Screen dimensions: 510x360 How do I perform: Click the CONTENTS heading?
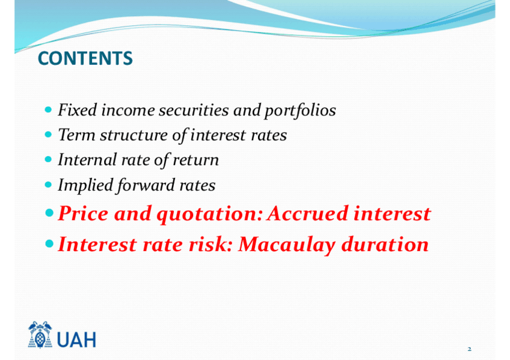coord(85,58)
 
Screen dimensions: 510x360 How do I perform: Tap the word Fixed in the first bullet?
coord(78,110)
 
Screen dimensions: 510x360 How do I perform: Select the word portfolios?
coord(300,111)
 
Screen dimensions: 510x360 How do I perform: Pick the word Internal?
coord(87,159)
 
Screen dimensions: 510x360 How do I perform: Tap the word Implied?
coord(85,186)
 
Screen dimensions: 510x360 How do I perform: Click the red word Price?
coord(83,214)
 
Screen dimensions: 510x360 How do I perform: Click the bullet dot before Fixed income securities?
coord(48,109)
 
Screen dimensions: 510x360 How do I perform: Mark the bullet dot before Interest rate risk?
coord(49,243)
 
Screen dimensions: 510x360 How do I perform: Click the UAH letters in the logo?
coord(77,340)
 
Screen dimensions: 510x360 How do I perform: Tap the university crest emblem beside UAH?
coord(40,335)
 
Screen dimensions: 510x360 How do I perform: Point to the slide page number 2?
coord(469,349)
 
